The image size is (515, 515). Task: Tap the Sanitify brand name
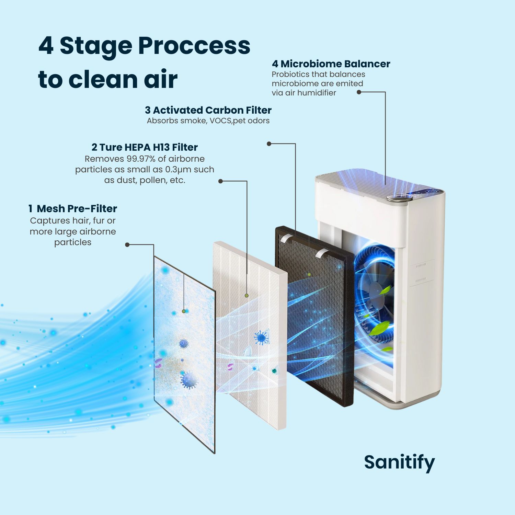point(399,462)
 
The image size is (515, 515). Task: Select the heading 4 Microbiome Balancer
point(331,64)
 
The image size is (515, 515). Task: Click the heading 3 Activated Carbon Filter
point(208,110)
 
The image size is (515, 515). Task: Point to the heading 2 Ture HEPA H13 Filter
point(145,147)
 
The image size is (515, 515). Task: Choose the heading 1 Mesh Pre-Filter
point(73,209)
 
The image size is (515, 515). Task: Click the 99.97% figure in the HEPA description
point(139,159)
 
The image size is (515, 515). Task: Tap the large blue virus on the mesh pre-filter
point(188,380)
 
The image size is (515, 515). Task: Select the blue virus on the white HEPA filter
point(261,337)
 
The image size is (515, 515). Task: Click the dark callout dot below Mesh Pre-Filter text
point(127,245)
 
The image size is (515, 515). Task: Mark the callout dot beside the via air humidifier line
point(359,92)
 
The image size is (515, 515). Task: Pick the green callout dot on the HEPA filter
point(247,296)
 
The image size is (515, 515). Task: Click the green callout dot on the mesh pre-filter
point(184,311)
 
